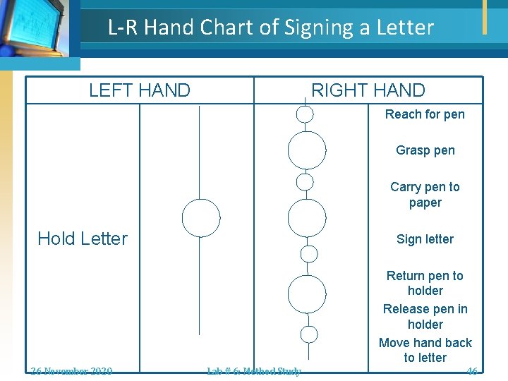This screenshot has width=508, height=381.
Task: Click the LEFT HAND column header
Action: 140,90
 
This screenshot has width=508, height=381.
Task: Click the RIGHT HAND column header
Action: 368,90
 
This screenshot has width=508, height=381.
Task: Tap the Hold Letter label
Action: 83,238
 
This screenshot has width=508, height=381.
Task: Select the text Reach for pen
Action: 425,114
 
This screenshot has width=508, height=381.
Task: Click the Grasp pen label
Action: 425,150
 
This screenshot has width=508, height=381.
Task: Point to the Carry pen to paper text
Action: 425,195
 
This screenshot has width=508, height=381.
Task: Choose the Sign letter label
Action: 425,239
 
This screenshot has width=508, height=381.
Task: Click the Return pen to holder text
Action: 425,283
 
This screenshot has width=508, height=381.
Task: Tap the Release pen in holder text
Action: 425,317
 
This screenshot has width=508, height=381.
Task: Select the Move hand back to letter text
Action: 425,350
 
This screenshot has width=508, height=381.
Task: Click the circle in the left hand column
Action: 201,218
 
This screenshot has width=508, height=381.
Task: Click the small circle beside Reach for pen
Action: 305,114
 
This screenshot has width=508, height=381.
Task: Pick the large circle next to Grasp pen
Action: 307,150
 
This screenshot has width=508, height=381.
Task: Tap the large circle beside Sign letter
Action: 307,218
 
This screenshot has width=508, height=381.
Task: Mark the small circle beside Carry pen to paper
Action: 305,182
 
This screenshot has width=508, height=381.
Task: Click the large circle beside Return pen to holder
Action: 307,294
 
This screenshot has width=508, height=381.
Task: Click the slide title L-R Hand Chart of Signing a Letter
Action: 271,28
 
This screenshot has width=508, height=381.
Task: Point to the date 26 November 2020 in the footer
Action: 71,371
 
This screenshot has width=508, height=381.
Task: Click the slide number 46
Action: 471,371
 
